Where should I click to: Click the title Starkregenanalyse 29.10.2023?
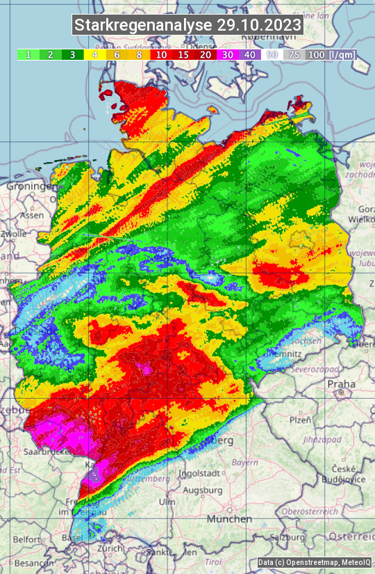[x=187, y=26]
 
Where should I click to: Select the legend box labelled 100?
[x=316, y=54]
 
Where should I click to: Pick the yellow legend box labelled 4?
[x=94, y=54]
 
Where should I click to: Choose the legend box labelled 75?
[x=294, y=54]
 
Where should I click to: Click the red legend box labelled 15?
[x=183, y=54]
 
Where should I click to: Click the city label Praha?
[x=341, y=384]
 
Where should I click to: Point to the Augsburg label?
[x=203, y=491]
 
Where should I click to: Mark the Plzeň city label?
[x=300, y=420]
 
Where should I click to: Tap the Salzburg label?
[x=286, y=537]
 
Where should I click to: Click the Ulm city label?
[x=167, y=502]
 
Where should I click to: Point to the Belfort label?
[x=26, y=539]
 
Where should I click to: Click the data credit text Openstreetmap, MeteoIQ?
[x=314, y=562]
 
